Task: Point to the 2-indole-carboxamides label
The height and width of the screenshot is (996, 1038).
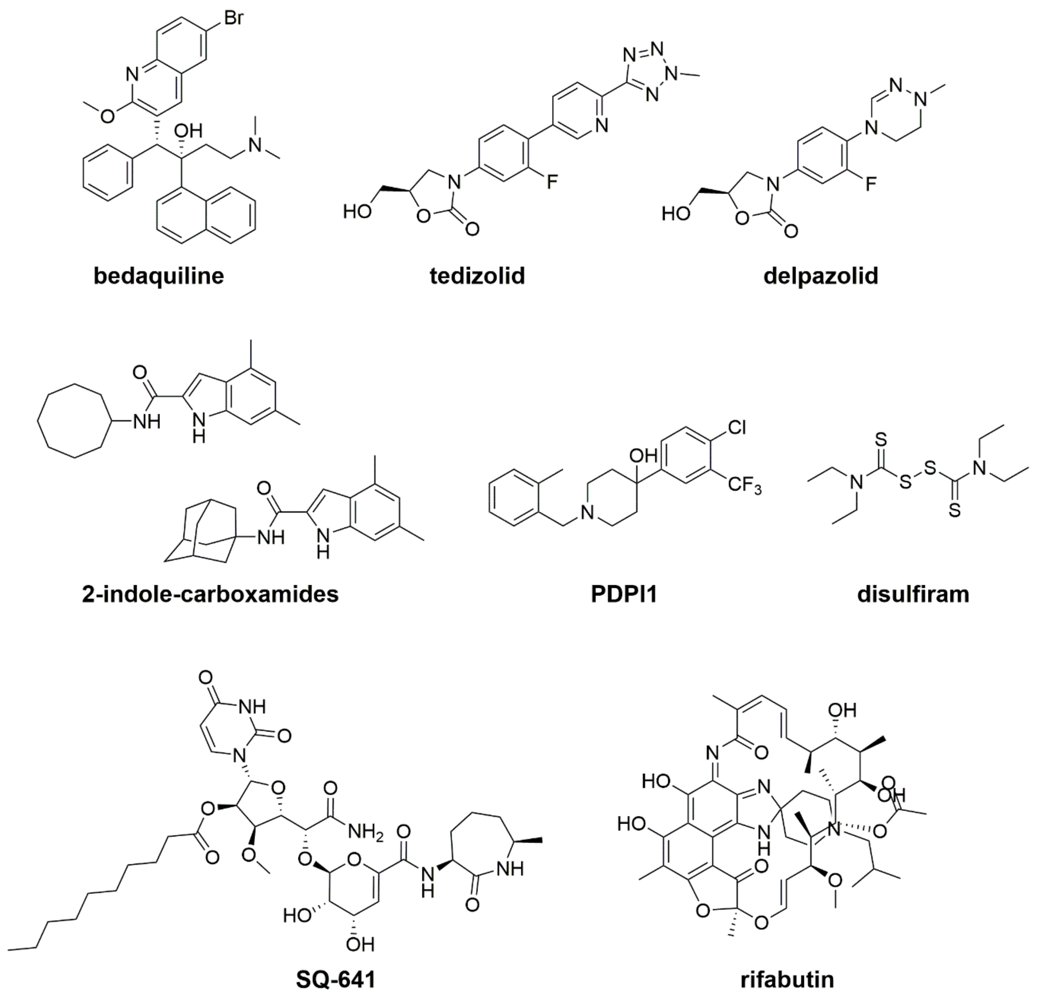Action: tap(210, 594)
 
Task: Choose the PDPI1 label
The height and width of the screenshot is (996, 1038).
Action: tap(624, 594)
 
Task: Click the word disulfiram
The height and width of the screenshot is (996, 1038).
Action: tap(913, 594)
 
